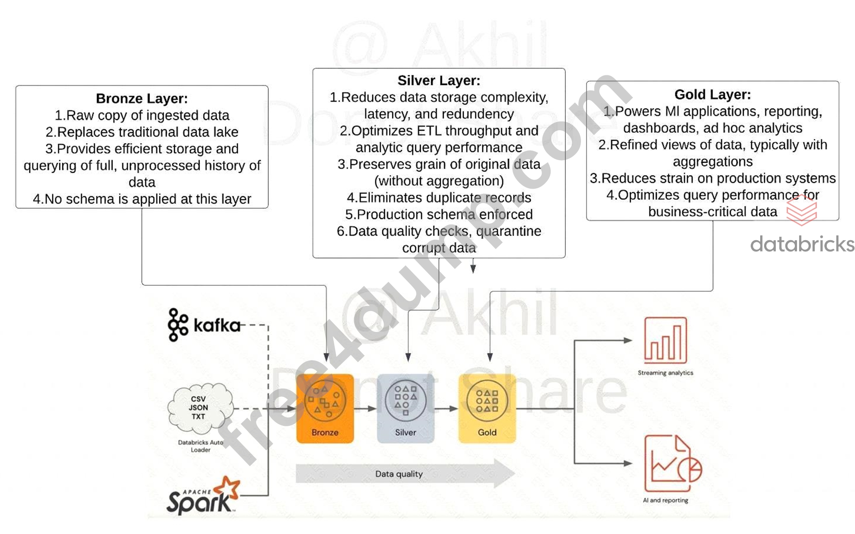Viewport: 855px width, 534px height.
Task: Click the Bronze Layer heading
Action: (x=142, y=99)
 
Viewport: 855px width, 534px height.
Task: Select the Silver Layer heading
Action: (x=439, y=80)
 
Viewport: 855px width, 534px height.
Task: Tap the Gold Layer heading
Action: (x=713, y=94)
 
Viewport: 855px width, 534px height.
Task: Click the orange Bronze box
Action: (x=325, y=409)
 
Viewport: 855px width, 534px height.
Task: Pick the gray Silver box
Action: (x=406, y=409)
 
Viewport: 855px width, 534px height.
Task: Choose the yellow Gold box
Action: (x=487, y=409)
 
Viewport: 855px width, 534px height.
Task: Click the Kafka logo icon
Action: (x=178, y=325)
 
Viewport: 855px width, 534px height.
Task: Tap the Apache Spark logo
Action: (x=203, y=496)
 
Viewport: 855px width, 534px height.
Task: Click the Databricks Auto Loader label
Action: (x=200, y=446)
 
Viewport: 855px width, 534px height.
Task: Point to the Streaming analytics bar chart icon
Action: (x=665, y=340)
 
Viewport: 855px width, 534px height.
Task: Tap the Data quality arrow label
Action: (x=399, y=474)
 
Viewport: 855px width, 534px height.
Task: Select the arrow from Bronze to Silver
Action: (x=365, y=409)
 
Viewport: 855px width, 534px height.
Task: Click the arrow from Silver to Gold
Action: (x=446, y=409)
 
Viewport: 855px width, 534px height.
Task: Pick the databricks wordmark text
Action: (x=802, y=244)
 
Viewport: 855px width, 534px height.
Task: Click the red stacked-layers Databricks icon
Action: (x=802, y=210)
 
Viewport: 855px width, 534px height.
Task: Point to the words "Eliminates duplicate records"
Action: (x=445, y=198)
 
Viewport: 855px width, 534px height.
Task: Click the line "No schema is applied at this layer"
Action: (x=148, y=199)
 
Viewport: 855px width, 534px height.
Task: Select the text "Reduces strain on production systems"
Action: (x=719, y=178)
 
